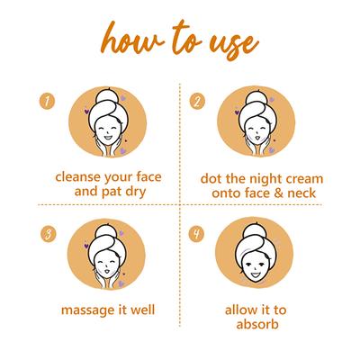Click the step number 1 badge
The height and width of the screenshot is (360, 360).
[47, 102]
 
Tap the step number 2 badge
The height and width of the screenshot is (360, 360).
[197, 102]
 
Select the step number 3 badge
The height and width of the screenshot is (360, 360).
[48, 235]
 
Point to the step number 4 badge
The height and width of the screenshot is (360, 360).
[196, 234]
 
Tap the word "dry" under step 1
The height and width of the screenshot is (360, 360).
[136, 192]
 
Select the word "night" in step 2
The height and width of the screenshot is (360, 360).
[257, 179]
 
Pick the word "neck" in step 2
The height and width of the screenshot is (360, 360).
[301, 193]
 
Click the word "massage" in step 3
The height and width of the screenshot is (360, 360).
[83, 310]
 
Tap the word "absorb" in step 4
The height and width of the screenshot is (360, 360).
[257, 324]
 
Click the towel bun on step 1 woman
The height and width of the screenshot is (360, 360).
[107, 95]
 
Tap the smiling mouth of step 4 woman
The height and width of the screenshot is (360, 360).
[255, 274]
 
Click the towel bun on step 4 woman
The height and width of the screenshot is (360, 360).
[255, 229]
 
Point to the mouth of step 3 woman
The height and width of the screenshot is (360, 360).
[107, 272]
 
